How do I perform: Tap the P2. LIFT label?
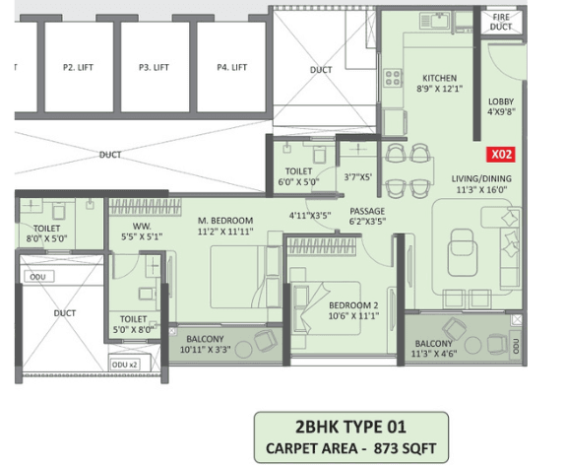77,67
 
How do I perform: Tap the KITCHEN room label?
439,78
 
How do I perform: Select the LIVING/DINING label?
478,178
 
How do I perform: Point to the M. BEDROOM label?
225,220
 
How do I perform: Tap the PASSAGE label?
367,211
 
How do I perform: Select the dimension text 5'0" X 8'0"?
134,331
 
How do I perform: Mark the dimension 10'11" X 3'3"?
206,350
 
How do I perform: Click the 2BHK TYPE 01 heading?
350,429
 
